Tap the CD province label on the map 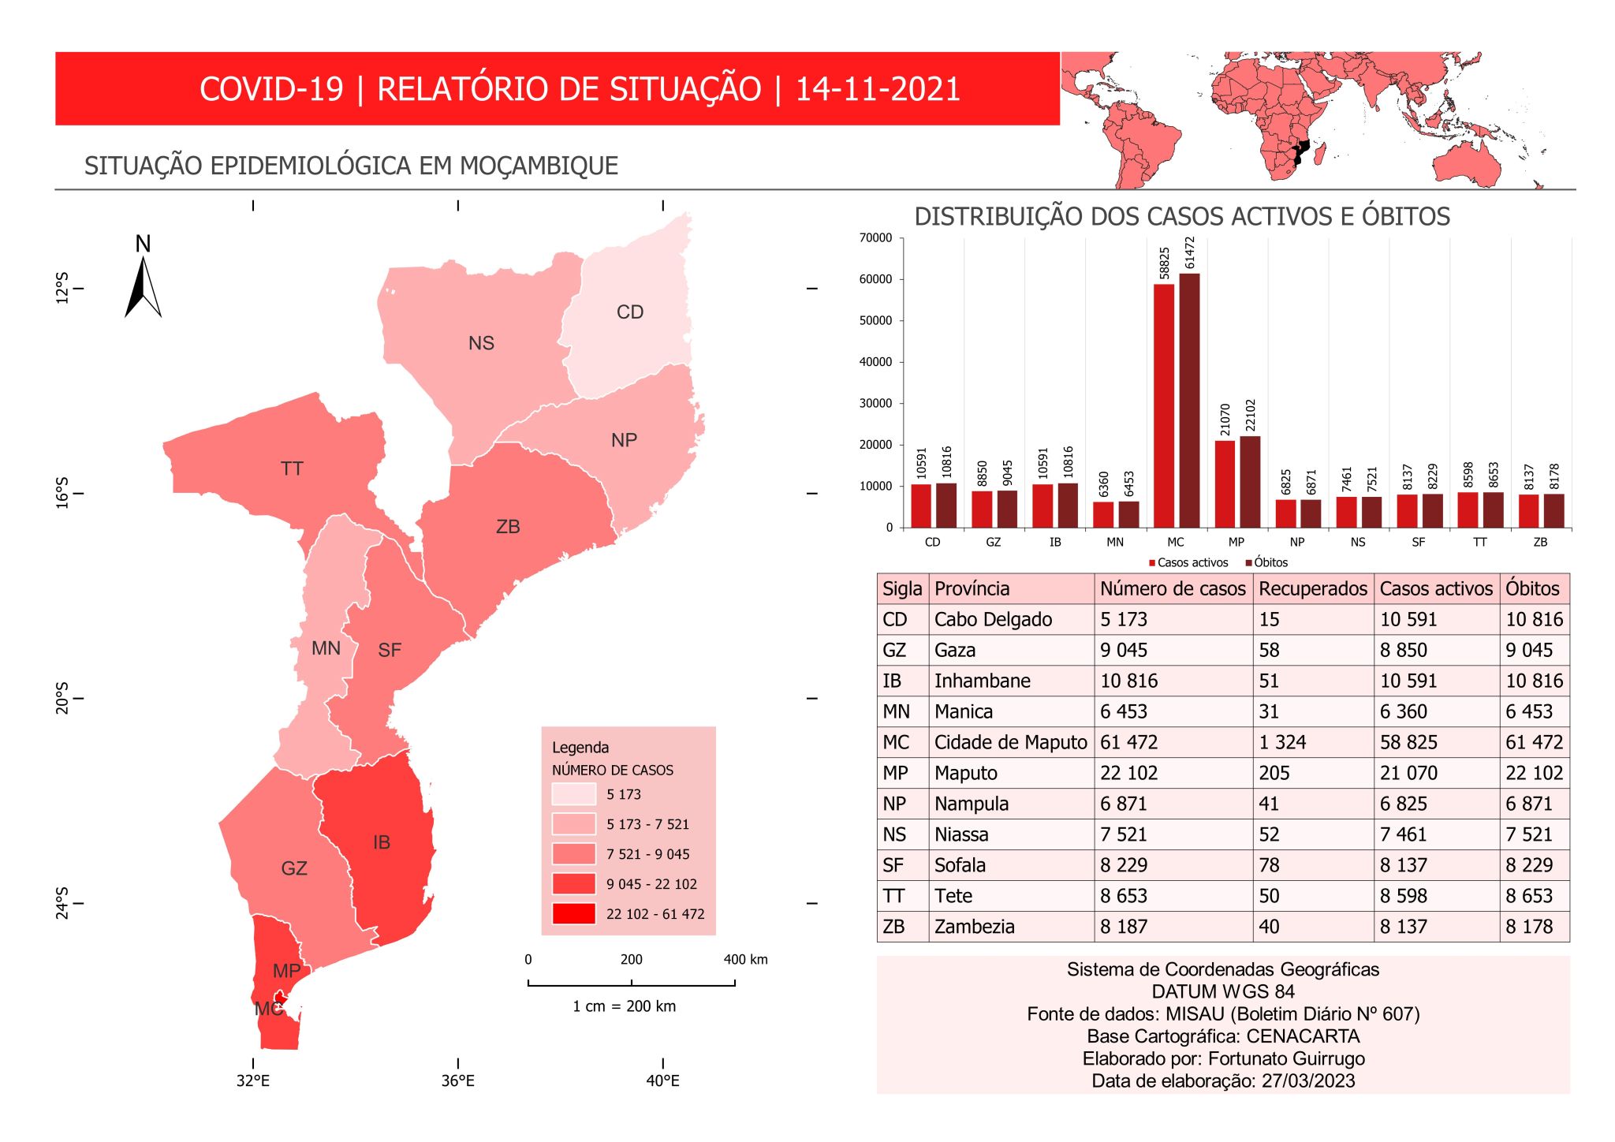coord(630,312)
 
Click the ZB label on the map coord(508,527)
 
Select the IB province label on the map coord(382,843)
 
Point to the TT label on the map coord(292,469)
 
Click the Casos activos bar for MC coord(1164,405)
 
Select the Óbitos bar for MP coord(1250,482)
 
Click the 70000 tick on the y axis coord(876,238)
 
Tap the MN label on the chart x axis coord(1115,543)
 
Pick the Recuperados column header coord(1313,589)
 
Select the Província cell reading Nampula coord(972,804)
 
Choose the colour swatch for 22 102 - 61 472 coord(573,914)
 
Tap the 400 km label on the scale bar coord(745,960)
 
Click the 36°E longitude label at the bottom coord(458,1081)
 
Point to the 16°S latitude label coord(62,493)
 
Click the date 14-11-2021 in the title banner coord(878,89)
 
